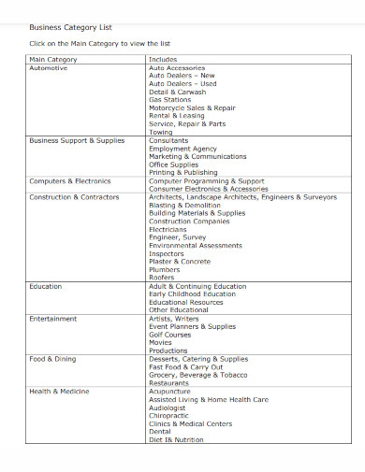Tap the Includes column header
pos(163,60)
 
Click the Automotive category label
pos(49,68)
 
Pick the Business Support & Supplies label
pos(77,140)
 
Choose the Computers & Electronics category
pos(70,180)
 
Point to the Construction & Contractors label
pos(74,197)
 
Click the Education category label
pos(46,286)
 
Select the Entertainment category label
pos(53,319)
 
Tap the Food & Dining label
pos(53,359)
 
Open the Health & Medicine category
pos(60,392)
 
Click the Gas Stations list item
pos(170,99)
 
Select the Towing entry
pos(161,132)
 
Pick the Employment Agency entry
pos(182,149)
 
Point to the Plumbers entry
pos(165,270)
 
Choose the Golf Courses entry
pos(170,335)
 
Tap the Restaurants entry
pos(169,383)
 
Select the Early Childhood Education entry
pos(192,294)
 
